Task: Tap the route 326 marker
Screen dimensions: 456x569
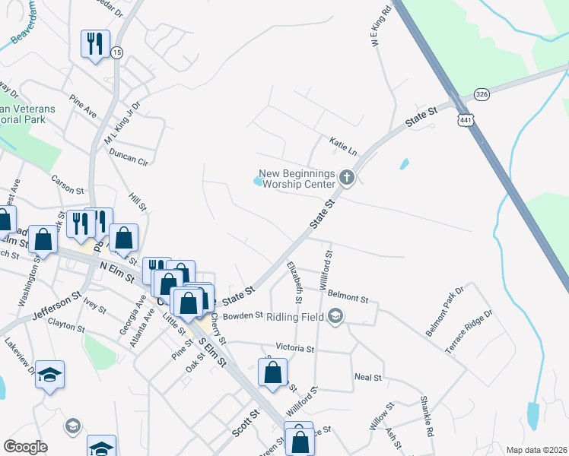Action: click(482, 93)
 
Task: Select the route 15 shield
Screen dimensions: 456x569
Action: click(116, 52)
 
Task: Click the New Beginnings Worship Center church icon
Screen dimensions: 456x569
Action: click(347, 179)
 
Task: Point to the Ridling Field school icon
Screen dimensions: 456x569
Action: click(335, 315)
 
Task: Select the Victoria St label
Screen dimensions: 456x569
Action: click(295, 348)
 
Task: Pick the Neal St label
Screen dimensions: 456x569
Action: click(367, 377)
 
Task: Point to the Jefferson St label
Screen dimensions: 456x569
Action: click(56, 303)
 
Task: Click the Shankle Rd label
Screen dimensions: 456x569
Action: click(426, 417)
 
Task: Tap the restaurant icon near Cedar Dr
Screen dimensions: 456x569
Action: click(95, 43)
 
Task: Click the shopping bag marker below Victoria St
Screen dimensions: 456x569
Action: click(272, 373)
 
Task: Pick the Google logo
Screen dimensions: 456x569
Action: click(25, 447)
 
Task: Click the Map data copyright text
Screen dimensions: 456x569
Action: click(536, 450)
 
